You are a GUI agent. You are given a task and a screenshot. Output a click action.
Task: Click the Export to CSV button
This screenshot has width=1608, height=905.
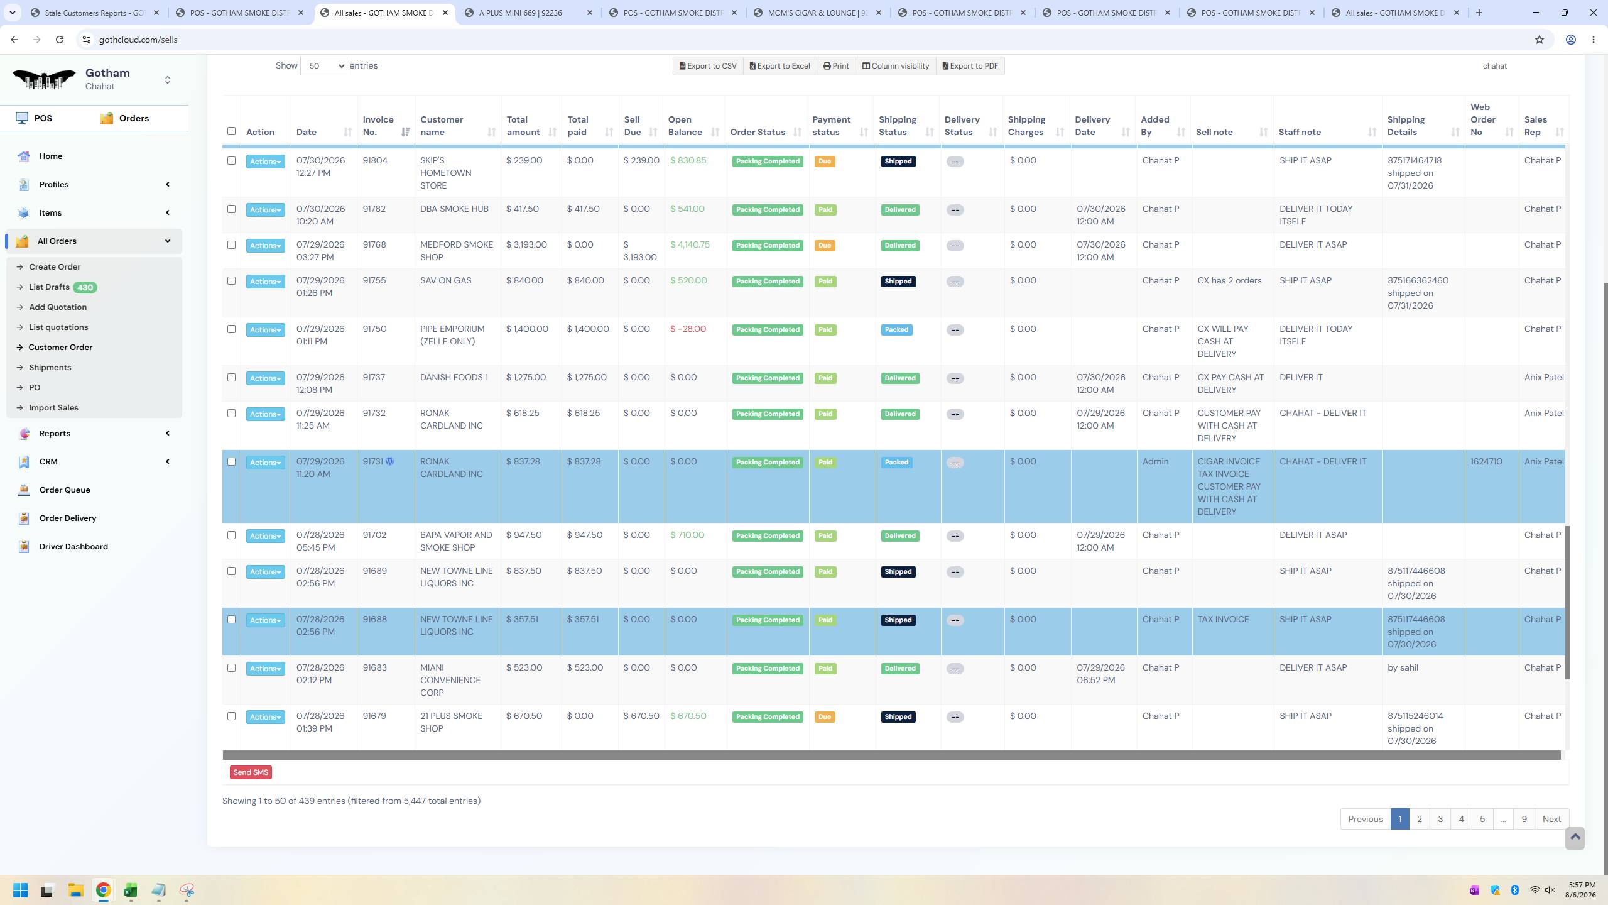[708, 66]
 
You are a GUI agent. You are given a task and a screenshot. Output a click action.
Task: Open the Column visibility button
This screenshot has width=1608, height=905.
[895, 66]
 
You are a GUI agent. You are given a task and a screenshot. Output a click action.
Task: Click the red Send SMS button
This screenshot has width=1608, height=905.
[251, 772]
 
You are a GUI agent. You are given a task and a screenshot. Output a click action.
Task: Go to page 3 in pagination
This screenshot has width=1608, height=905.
[1440, 819]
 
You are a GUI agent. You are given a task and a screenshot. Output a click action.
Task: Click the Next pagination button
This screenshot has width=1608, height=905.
[1551, 819]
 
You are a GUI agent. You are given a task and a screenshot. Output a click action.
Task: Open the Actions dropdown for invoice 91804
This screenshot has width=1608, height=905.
[265, 162]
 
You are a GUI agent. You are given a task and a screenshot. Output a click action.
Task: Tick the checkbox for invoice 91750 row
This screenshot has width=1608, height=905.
[231, 329]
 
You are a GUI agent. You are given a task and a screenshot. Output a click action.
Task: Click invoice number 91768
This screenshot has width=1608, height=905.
[374, 244]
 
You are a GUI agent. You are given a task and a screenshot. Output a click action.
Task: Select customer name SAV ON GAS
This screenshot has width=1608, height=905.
[445, 280]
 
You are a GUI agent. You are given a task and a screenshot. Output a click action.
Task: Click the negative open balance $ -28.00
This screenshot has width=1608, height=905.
[688, 329]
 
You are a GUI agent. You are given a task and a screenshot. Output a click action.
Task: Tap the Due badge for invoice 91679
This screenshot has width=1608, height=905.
[824, 717]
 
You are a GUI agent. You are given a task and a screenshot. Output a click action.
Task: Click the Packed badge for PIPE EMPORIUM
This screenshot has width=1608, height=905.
[896, 330]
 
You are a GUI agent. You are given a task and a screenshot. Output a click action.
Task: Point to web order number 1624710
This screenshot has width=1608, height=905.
[1486, 461]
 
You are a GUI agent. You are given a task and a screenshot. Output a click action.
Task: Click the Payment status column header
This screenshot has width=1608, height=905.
[832, 126]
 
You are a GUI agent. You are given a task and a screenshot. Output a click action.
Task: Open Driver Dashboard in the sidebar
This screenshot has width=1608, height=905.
[73, 546]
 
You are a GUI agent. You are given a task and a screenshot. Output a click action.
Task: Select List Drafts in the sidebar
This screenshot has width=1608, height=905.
[49, 287]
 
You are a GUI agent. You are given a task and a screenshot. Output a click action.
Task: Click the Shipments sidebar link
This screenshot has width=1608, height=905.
[50, 367]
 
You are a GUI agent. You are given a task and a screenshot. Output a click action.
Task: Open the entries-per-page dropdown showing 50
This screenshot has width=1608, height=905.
[323, 66]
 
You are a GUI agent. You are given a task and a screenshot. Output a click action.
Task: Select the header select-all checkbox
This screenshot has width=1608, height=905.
[231, 131]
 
